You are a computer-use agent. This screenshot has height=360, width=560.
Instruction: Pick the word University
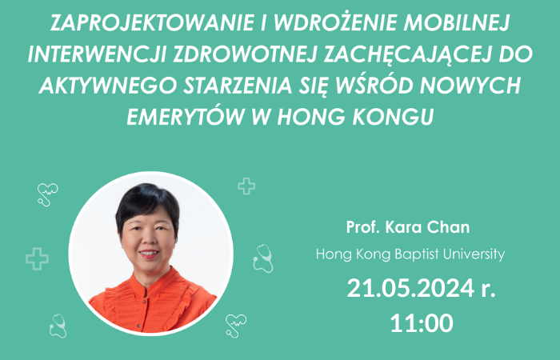(473, 255)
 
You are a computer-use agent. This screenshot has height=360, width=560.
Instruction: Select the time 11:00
(422, 323)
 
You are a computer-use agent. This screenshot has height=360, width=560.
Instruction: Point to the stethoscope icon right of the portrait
(262, 258)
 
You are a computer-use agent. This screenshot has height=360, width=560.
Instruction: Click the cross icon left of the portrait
(37, 258)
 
